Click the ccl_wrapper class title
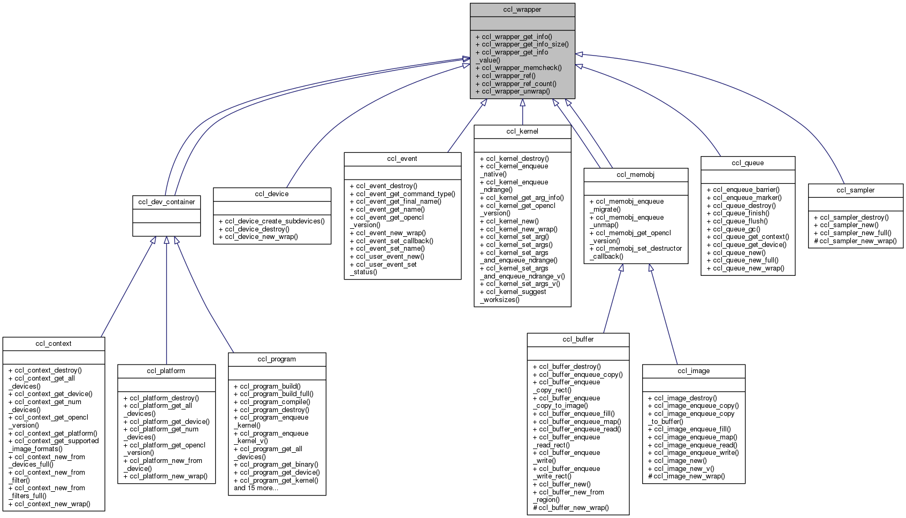[x=522, y=10]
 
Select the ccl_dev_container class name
[x=166, y=202]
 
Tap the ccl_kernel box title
[x=522, y=132]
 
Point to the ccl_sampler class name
[x=855, y=190]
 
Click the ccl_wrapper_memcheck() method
[x=519, y=68]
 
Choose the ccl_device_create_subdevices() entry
[x=271, y=221]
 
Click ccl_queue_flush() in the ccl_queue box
[x=737, y=221]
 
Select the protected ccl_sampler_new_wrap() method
[x=855, y=241]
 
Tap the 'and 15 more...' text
[x=256, y=488]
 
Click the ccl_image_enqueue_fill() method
[x=689, y=429]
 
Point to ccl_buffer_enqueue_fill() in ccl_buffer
[x=574, y=414]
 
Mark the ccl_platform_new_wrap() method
[x=165, y=476]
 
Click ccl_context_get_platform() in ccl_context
[x=53, y=434]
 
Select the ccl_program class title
[x=277, y=359]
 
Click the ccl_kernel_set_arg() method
[x=514, y=237]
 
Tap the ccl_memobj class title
[x=635, y=175]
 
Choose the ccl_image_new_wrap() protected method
[x=686, y=476]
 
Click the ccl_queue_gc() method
[x=733, y=229]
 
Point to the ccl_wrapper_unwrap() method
[x=513, y=91]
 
